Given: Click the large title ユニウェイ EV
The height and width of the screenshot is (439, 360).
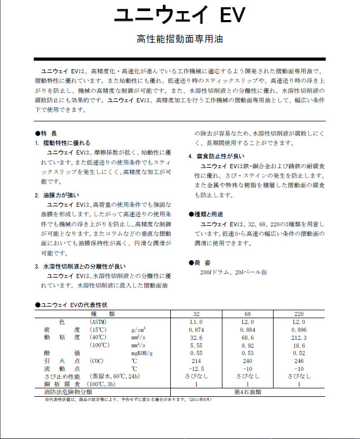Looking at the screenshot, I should pos(180,15).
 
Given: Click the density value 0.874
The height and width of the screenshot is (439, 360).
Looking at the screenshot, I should pos(196,330).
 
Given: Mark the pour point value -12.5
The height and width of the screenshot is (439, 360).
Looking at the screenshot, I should pos(196,368).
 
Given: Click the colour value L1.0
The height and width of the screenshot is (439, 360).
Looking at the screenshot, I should pos(196,322).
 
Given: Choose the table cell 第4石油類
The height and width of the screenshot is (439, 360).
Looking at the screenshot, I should pos(248,392).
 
